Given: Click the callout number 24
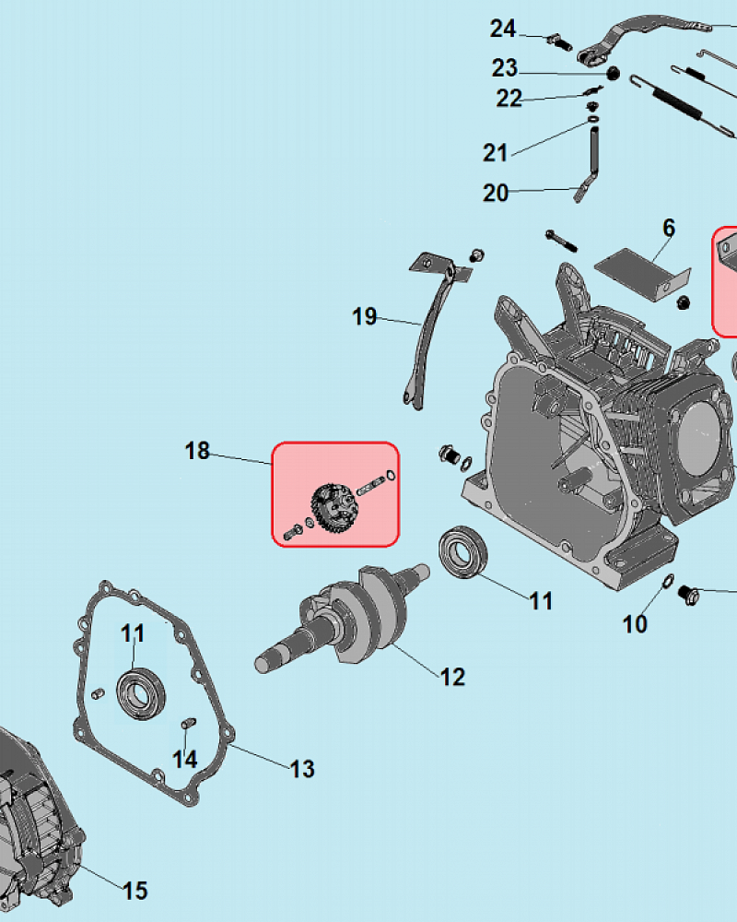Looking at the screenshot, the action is point(503,29).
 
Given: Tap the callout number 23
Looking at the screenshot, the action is point(505,68).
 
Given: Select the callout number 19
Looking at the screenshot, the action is point(365,316).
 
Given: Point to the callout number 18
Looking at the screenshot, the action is point(197,451).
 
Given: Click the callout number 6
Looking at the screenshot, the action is point(669,228).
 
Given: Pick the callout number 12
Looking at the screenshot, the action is point(452,677).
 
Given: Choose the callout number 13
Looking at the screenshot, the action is point(302,769).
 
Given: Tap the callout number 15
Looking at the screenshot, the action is point(135,891).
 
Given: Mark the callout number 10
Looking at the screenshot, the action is point(635,624).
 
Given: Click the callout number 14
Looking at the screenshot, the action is point(185,759).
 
